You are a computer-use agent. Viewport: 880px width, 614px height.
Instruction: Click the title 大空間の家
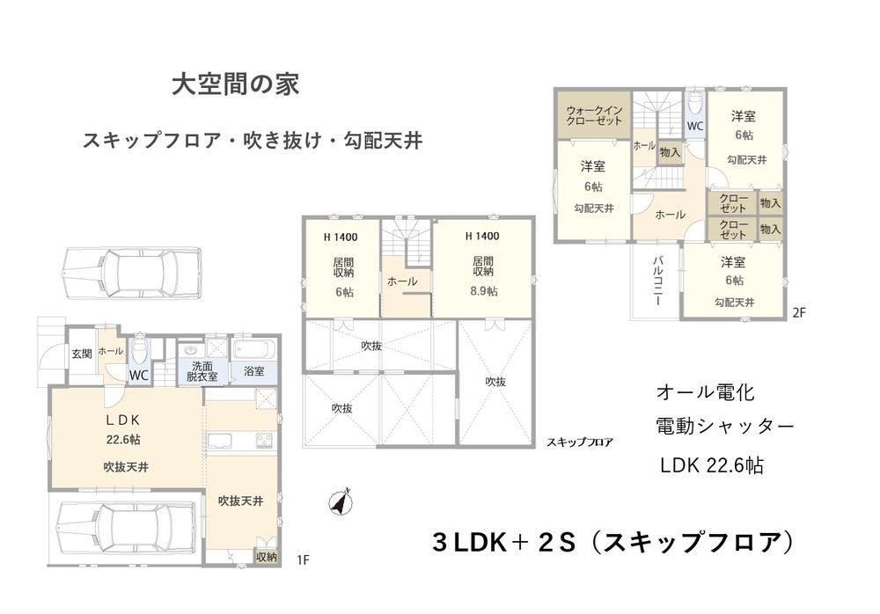(x=235, y=84)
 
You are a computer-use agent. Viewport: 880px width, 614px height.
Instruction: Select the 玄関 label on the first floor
(x=81, y=354)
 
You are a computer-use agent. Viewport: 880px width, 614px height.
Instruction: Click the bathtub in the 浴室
(x=254, y=350)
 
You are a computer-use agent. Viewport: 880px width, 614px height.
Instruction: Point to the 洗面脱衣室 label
(x=202, y=371)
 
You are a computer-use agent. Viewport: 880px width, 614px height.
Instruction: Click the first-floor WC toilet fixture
(x=138, y=352)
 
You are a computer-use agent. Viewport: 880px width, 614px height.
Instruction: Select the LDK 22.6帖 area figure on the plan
(x=123, y=440)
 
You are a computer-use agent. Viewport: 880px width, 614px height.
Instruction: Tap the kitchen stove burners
(x=264, y=440)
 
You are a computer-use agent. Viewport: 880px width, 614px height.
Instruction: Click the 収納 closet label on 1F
(x=266, y=557)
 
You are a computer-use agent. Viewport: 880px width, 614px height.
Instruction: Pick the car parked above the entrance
(x=132, y=274)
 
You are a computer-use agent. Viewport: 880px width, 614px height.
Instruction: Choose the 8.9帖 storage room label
(x=483, y=291)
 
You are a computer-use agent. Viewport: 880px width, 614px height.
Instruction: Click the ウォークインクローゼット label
(x=594, y=115)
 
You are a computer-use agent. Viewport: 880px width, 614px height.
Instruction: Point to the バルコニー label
(x=657, y=281)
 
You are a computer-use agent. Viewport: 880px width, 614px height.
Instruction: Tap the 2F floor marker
(x=799, y=312)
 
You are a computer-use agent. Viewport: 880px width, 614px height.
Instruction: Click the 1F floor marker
(x=303, y=559)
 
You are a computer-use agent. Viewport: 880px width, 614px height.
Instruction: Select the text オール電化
(x=705, y=391)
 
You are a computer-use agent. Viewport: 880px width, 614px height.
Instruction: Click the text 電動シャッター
(x=724, y=427)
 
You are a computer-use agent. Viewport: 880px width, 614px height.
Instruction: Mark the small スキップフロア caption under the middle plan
(x=580, y=442)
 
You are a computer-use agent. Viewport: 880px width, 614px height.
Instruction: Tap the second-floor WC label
(x=695, y=127)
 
